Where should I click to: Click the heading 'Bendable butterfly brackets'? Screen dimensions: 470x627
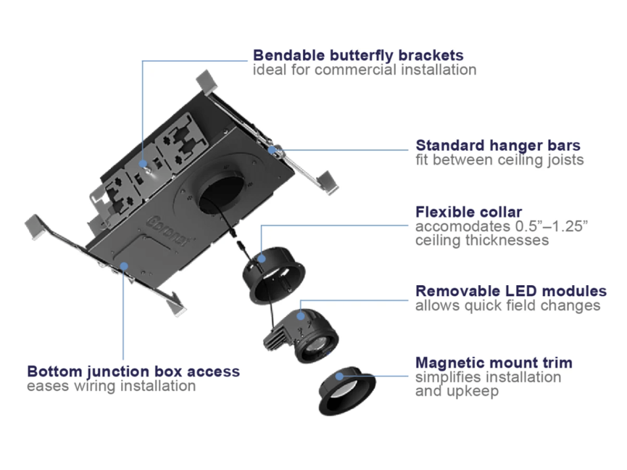click(358, 55)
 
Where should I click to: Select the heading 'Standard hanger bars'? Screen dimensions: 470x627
click(498, 146)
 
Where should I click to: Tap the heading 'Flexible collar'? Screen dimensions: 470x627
click(469, 212)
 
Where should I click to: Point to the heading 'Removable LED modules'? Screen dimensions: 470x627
click(511, 291)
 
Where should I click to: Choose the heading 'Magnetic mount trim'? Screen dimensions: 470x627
click(494, 362)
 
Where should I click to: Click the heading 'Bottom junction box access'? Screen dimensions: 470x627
click(133, 371)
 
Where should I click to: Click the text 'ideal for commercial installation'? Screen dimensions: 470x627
click(364, 70)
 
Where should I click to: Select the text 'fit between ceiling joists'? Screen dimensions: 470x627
click(500, 160)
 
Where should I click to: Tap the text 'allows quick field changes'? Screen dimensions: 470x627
click(508, 305)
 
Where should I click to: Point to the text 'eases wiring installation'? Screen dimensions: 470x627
click(111, 386)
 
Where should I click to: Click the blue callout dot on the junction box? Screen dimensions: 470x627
click(124, 265)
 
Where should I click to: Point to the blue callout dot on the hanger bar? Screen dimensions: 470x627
click(271, 149)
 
